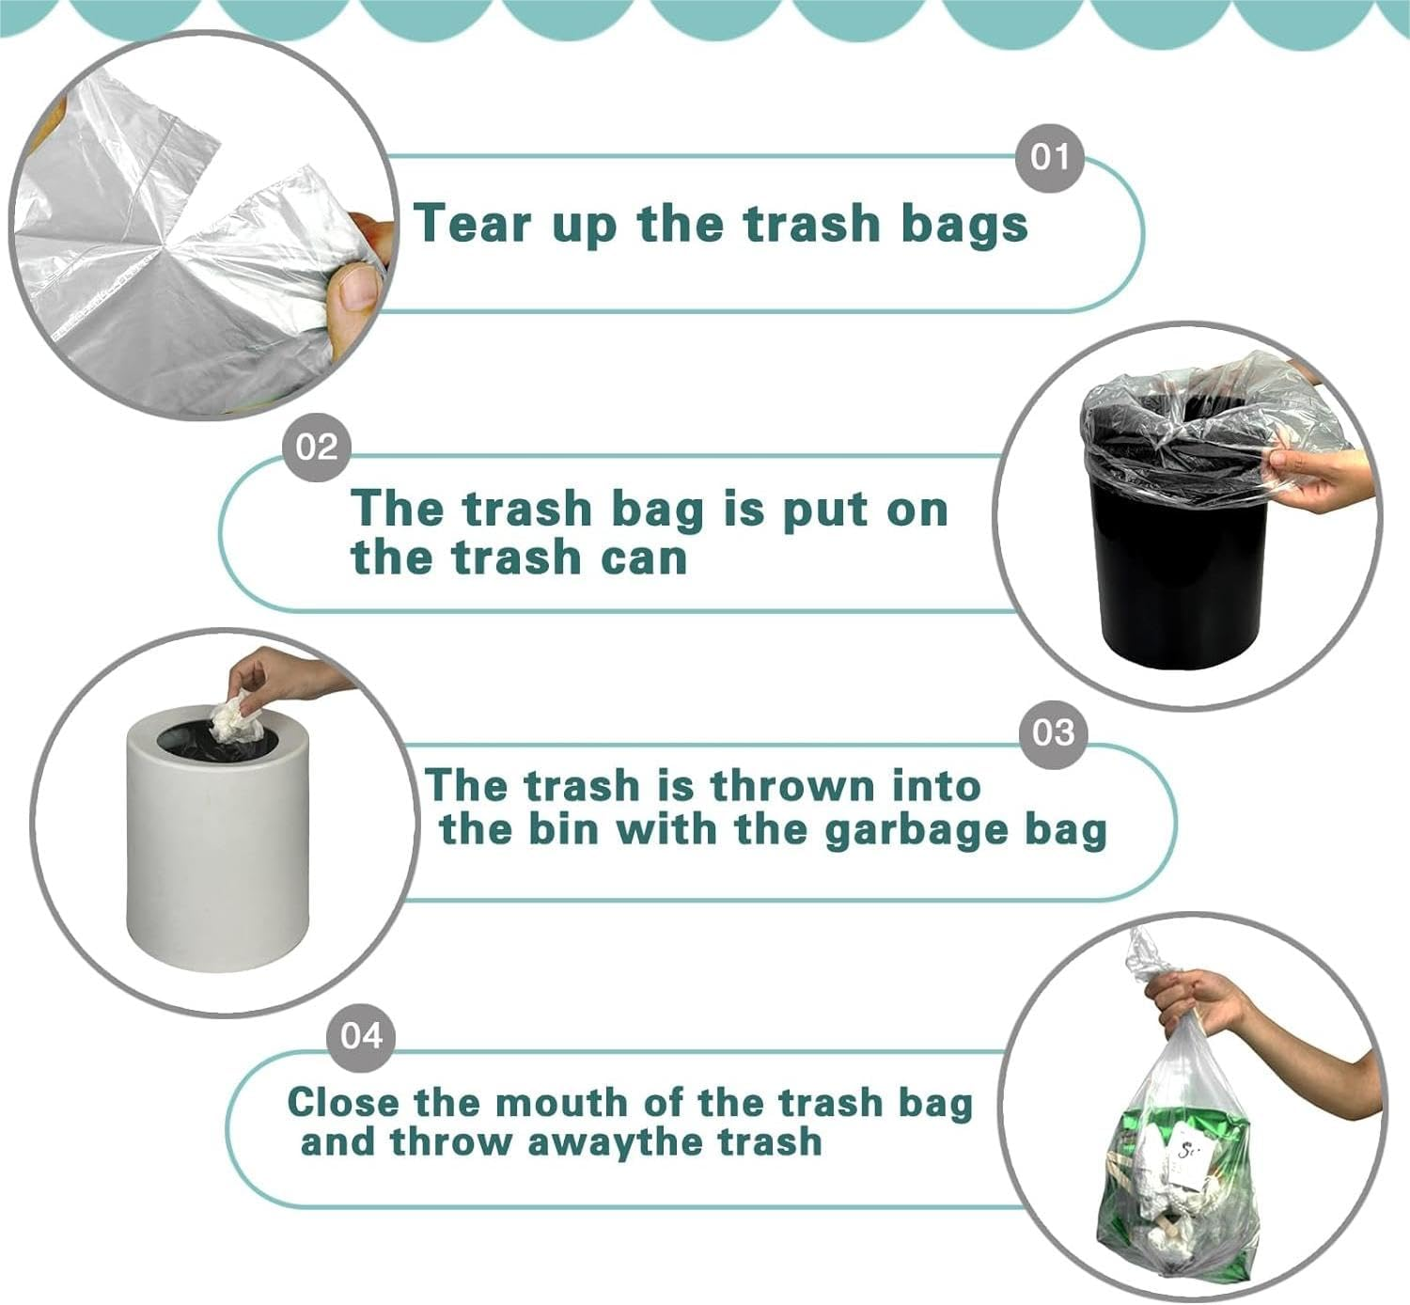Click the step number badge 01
[1050, 157]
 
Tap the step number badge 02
[317, 447]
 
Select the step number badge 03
[1053, 732]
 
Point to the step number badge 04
[361, 1035]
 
